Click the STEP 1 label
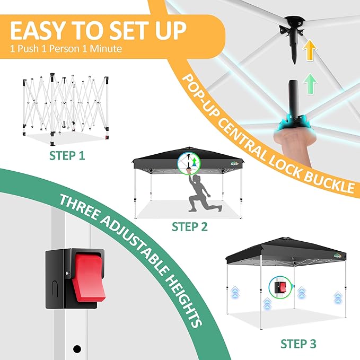pos(67,155)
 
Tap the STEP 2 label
pos(190,226)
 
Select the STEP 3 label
pos(298,344)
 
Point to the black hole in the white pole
pos(77,349)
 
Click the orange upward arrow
pos(310,50)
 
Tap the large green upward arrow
pos(310,83)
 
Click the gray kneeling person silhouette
pos(203,193)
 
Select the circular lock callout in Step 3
pos(280,287)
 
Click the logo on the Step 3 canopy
pos(337,256)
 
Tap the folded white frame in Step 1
pos(66,109)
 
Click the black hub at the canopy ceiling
pos(292,28)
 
